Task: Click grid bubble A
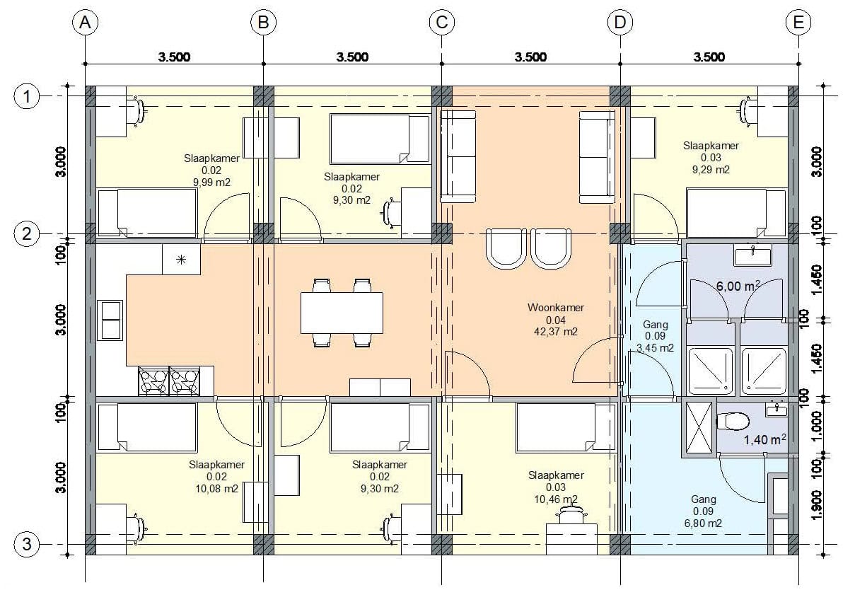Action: (x=85, y=22)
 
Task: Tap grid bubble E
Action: (x=798, y=22)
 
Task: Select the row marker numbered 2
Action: (x=27, y=233)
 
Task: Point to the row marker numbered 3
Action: (x=27, y=544)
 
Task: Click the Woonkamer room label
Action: (x=556, y=308)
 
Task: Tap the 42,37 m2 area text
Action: (x=556, y=332)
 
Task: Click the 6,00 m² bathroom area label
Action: (x=738, y=286)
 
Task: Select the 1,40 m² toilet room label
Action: (x=764, y=440)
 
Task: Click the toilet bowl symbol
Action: (x=733, y=422)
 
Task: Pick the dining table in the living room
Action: (x=342, y=313)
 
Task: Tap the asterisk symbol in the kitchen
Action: (x=181, y=260)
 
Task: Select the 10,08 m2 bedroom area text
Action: (x=217, y=489)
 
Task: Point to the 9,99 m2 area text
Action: (x=211, y=183)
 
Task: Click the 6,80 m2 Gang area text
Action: (x=703, y=523)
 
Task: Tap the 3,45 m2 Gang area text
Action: (x=655, y=348)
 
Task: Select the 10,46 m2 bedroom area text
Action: (x=556, y=499)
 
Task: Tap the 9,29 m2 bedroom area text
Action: (x=711, y=170)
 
